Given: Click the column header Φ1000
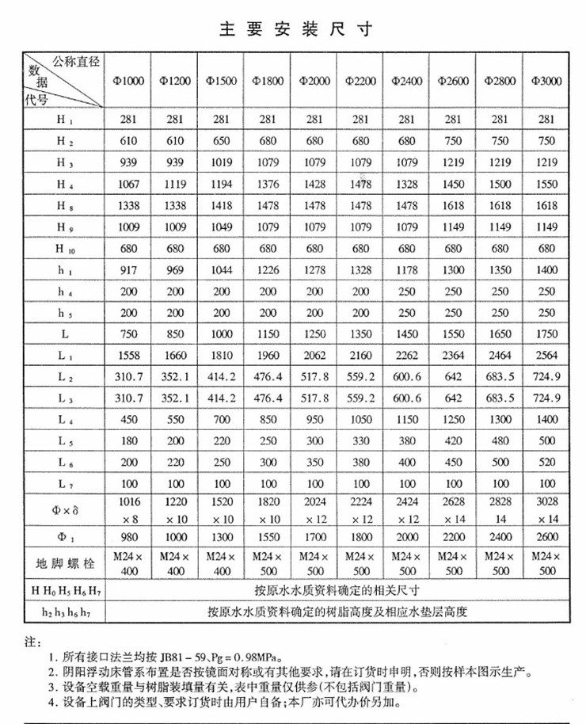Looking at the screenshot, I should pos(129,81).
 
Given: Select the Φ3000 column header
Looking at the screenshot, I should pos(546,81).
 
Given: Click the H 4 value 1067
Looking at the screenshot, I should pos(129,185).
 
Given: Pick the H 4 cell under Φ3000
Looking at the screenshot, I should pos(546,185).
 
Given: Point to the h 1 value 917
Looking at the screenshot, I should pos(129,271).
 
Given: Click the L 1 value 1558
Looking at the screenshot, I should pos(129,356).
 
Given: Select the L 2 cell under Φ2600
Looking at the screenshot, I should pos(453,378).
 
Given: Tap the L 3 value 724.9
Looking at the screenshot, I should pos(546,399).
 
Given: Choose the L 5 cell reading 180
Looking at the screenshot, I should pos(129,442).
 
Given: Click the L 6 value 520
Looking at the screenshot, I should pos(546,463).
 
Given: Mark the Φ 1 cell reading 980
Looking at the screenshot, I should pos(129,535).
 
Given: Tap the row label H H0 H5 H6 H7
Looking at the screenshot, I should pos(65,590).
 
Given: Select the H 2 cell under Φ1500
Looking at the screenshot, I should pos(222,141).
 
